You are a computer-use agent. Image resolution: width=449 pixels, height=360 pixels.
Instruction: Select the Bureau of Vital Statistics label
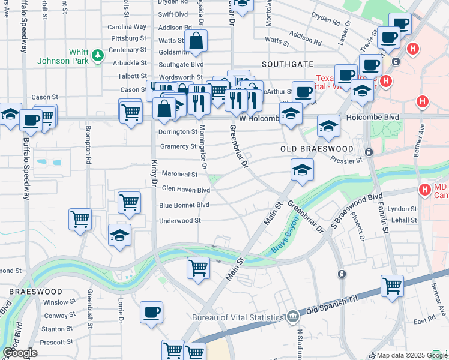pyautogui.click(x=237, y=317)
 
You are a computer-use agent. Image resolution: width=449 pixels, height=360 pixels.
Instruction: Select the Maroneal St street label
pyautogui.click(x=179, y=174)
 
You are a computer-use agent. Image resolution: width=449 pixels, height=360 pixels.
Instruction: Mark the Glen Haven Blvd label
pyautogui.click(x=186, y=190)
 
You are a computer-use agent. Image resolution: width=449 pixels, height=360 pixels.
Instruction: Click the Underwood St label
pyautogui.click(x=180, y=221)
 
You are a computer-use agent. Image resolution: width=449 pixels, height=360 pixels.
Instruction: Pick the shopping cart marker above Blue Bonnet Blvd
pyautogui.click(x=129, y=203)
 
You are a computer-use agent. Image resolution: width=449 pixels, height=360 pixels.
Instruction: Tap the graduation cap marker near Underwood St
pyautogui.click(x=120, y=234)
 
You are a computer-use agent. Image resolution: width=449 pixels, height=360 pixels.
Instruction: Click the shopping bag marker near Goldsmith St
pyautogui.click(x=196, y=41)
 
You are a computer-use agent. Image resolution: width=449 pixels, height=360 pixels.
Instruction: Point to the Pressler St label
pyautogui.click(x=347, y=161)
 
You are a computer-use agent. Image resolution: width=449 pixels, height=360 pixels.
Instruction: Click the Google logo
pyautogui.click(x=20, y=353)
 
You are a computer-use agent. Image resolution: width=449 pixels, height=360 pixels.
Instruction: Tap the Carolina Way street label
pyautogui.click(x=127, y=27)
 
